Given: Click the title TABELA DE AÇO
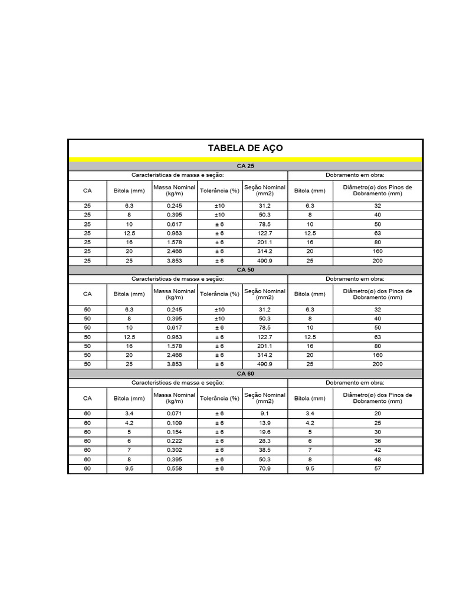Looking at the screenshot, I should tap(245, 148).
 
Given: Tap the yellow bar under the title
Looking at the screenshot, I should tap(245, 159).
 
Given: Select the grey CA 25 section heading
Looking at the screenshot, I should tap(245, 166).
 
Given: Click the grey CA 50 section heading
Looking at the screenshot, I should tap(245, 270).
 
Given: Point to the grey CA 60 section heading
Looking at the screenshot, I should tap(245, 373).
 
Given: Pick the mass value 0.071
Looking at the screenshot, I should tap(175, 413).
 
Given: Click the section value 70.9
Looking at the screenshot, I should tap(265, 469).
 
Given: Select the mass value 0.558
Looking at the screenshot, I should tap(175, 469).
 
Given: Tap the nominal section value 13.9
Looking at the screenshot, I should tap(265, 422).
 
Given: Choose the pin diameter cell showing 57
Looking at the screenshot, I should tap(377, 469).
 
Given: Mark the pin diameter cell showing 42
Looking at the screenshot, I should tap(377, 450).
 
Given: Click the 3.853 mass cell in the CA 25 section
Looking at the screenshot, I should tap(175, 261).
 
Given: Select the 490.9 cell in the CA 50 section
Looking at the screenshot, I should tap(265, 365).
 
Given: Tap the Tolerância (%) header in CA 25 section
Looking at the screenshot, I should tap(219, 191).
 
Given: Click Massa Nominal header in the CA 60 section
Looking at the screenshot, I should tap(175, 398).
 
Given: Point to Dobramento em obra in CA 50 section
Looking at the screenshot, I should tap(355, 278).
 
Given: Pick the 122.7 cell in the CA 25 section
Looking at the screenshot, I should tap(265, 233).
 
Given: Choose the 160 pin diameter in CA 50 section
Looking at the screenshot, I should tap(377, 355).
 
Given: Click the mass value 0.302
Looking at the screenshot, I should tap(175, 450).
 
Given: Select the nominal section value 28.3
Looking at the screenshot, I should tap(265, 441).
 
